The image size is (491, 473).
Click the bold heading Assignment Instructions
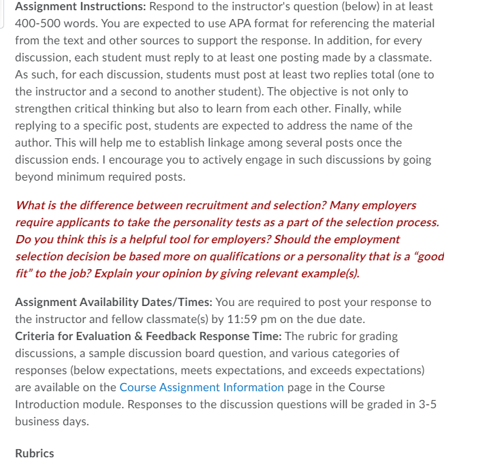79,6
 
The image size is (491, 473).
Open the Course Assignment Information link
202,387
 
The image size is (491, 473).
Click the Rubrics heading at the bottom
34,453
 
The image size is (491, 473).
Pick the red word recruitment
220,205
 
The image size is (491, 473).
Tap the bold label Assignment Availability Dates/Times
113,302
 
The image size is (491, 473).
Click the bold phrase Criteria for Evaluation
76,336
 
